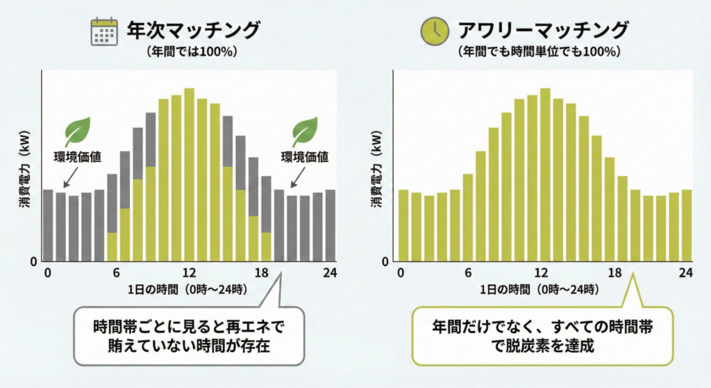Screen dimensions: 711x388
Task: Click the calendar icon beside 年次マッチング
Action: pyautogui.click(x=104, y=32)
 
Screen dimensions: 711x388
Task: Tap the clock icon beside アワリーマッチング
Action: pyautogui.click(x=435, y=31)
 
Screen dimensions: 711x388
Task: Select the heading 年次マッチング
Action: pyautogui.click(x=193, y=30)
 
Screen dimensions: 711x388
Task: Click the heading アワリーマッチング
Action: pyautogui.click(x=543, y=30)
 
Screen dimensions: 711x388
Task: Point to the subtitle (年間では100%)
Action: pyautogui.click(x=192, y=51)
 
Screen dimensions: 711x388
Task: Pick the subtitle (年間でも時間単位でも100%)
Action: pyautogui.click(x=539, y=51)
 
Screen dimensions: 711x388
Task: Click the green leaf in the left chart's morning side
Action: pyautogui.click(x=77, y=131)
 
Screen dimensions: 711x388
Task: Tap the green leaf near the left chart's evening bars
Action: pyautogui.click(x=304, y=131)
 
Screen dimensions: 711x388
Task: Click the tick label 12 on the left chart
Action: pyautogui.click(x=189, y=273)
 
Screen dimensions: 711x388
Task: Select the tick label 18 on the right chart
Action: pyautogui.click(x=614, y=273)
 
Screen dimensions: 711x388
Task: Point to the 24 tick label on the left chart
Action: pyautogui.click(x=330, y=273)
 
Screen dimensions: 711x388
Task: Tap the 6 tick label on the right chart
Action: pyautogui.click(x=468, y=273)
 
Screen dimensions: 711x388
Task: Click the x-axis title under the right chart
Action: pyautogui.click(x=539, y=289)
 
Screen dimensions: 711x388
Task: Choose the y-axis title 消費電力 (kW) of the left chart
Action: pyautogui.click(x=24, y=169)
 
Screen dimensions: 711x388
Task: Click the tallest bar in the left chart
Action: pyautogui.click(x=189, y=175)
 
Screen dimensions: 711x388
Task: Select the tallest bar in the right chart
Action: pyautogui.click(x=545, y=175)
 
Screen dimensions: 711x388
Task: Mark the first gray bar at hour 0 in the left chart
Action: pyautogui.click(x=48, y=225)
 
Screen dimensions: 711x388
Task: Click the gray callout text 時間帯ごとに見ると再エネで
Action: pyautogui.click(x=189, y=327)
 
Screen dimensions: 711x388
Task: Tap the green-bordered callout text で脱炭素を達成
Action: pyautogui.click(x=542, y=346)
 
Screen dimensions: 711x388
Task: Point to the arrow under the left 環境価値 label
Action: pyautogui.click(x=71, y=177)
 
